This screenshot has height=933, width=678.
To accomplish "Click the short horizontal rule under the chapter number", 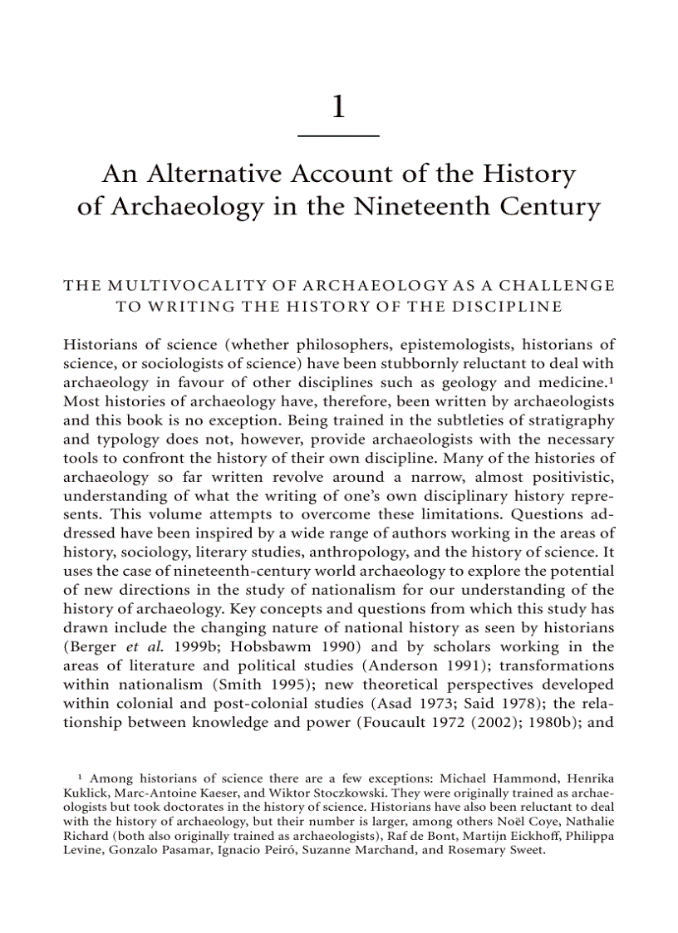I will pyautogui.click(x=338, y=135).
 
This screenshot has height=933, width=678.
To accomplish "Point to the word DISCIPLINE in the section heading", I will pyautogui.click(x=513, y=306).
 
